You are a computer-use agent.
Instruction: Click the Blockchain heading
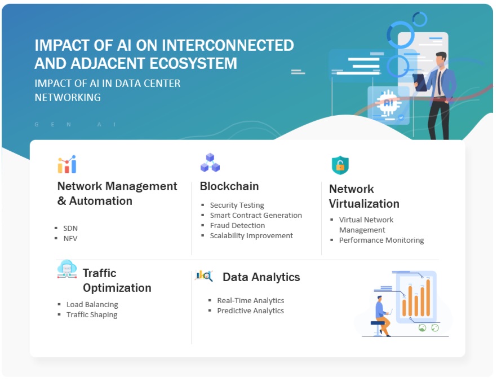coord(229,186)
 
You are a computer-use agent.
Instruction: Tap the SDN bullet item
coord(70,228)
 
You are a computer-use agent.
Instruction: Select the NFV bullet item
coord(70,238)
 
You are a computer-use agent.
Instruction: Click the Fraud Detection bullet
coord(237,225)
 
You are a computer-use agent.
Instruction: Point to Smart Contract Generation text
coord(256,215)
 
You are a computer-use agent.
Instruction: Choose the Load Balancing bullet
coord(92,304)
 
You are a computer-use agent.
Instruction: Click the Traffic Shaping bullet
coord(92,314)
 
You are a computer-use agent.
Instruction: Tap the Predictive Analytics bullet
coord(250,310)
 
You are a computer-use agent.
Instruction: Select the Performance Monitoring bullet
coord(381,240)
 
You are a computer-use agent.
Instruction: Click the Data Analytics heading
coord(261,277)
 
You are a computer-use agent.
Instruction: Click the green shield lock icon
coord(340,165)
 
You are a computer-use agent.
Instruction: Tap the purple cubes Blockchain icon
coord(210,163)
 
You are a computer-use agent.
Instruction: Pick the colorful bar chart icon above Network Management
coord(66,165)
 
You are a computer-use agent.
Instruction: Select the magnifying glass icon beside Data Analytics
coord(204,275)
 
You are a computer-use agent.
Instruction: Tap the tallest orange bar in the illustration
coord(428,297)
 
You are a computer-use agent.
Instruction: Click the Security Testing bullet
coord(237,205)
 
